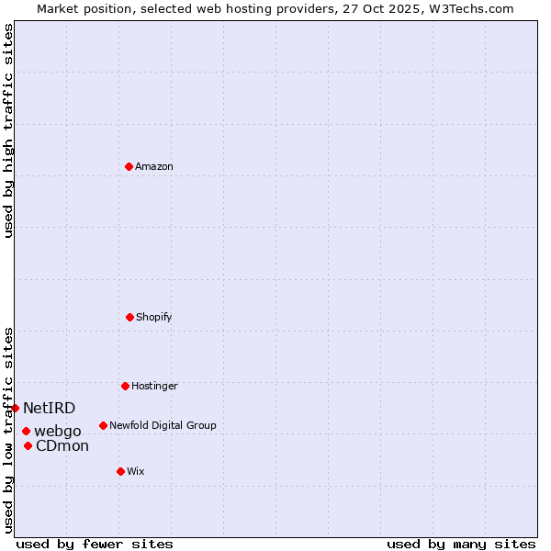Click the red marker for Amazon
(x=129, y=166)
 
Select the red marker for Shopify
(x=129, y=317)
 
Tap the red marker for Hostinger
(x=125, y=386)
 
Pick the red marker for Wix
(x=120, y=471)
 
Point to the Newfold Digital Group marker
(x=103, y=425)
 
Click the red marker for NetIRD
(x=15, y=408)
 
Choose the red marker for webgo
(x=26, y=431)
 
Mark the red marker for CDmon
(x=28, y=445)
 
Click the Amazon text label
(x=154, y=166)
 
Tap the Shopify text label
(x=154, y=317)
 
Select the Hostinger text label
(x=154, y=386)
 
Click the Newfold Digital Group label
(x=163, y=425)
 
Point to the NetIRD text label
(x=49, y=408)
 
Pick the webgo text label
(x=58, y=431)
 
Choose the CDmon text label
(x=62, y=446)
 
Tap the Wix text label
(x=136, y=471)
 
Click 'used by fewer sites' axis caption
(x=95, y=544)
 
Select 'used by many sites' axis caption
(x=461, y=544)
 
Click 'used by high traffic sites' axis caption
(x=8, y=130)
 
